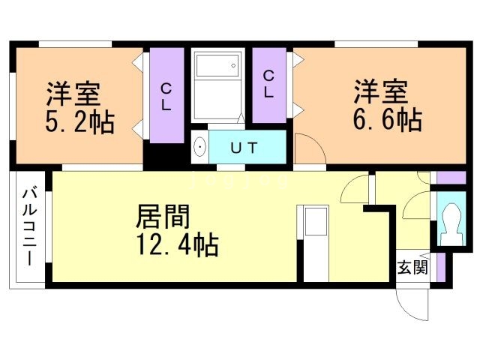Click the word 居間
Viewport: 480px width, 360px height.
tap(162, 217)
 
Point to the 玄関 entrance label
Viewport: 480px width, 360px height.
tap(412, 267)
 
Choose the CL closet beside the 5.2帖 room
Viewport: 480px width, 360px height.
tap(165, 97)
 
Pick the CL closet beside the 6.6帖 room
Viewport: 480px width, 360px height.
tap(268, 84)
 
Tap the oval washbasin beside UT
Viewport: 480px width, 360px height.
tap(199, 148)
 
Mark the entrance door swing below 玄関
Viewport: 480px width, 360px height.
tap(411, 300)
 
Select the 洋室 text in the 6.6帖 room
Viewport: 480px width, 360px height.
tap(381, 92)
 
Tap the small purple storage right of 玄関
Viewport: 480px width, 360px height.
tap(440, 267)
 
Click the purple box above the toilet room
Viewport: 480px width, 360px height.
tap(445, 178)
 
